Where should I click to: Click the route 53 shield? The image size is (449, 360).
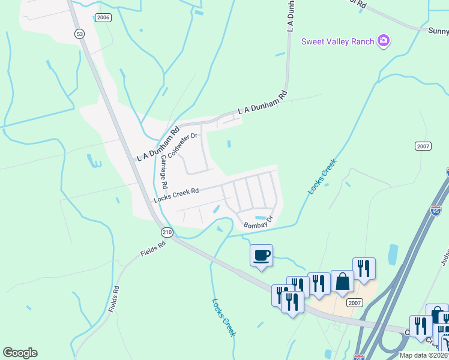click(79, 33)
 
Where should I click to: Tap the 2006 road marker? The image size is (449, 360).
click(103, 18)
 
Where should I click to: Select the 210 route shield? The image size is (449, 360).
click(167, 232)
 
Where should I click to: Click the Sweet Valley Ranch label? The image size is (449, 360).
click(337, 41)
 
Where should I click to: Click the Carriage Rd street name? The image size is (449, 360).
click(164, 177)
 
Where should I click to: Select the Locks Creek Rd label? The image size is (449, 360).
click(176, 195)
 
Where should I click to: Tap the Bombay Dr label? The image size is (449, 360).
click(258, 222)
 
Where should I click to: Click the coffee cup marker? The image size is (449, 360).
click(261, 256)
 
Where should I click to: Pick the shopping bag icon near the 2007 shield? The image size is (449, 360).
click(342, 281)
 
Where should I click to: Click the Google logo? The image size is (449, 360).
click(20, 353)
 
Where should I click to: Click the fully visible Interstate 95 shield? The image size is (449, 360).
click(436, 211)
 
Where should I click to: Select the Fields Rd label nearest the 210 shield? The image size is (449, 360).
click(153, 249)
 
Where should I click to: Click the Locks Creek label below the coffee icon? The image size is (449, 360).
click(224, 317)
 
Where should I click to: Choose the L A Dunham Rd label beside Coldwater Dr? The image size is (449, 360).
click(158, 143)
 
